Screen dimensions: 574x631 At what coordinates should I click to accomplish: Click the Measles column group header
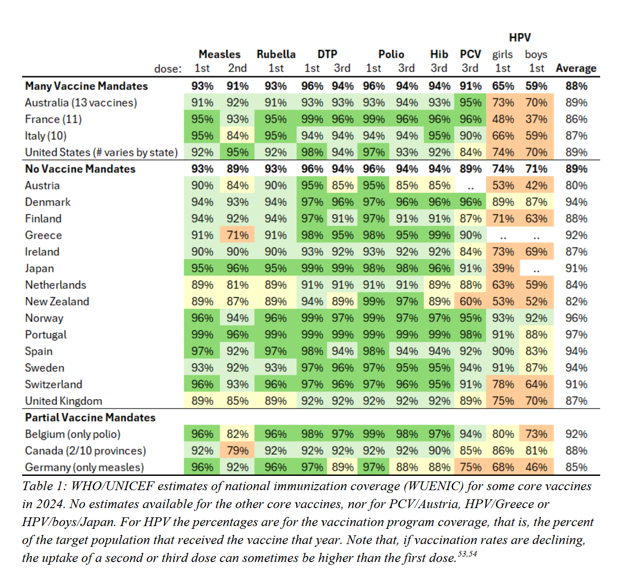(219, 54)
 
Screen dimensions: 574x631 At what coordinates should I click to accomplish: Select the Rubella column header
(276, 54)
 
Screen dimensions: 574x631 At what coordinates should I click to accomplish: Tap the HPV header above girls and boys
(519, 38)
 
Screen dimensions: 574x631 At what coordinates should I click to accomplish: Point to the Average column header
(576, 69)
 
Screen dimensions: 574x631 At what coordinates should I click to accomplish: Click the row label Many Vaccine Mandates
(87, 86)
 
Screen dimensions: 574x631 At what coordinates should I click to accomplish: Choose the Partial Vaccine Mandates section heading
(90, 418)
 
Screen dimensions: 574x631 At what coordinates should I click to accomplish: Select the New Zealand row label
(57, 302)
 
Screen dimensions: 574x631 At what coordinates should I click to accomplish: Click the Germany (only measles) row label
(84, 468)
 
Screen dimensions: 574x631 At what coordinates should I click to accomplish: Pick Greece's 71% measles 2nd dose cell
(238, 235)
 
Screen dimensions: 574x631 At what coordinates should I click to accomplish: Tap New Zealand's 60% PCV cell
(471, 302)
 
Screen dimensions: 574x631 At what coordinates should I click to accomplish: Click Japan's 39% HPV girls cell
(503, 269)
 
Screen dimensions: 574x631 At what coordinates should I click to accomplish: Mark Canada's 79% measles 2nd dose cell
(238, 451)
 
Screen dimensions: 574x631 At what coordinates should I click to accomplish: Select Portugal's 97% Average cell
(576, 335)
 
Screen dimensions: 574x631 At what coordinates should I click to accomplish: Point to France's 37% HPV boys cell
(537, 119)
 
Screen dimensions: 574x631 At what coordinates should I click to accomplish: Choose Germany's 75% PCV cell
(471, 468)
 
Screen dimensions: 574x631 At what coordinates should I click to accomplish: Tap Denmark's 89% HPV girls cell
(503, 202)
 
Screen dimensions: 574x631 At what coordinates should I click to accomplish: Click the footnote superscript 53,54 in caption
(467, 554)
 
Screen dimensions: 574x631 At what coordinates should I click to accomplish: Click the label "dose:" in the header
(168, 69)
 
